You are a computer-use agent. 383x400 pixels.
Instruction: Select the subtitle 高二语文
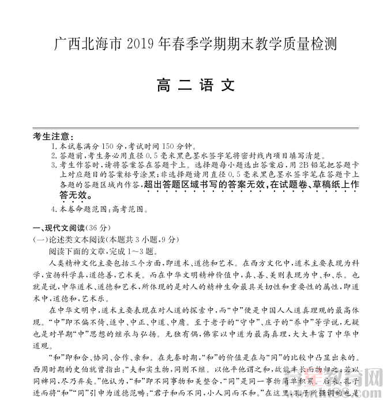coord(196,85)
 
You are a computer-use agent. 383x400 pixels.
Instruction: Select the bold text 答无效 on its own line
coord(77,196)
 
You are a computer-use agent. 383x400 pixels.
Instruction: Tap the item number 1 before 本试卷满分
coord(53,146)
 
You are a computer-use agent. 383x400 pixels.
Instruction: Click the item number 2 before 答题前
coord(53,155)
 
